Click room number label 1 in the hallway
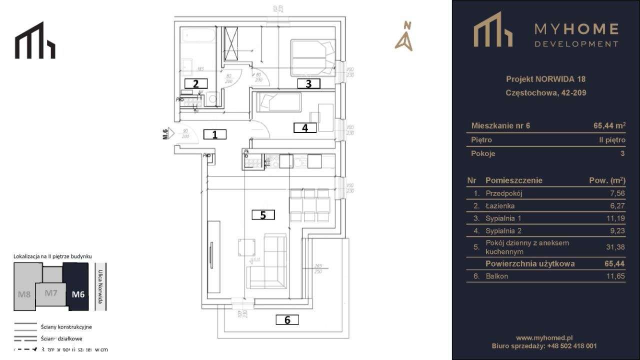(x=215, y=134)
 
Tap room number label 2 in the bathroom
(x=196, y=83)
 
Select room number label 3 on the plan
(x=308, y=83)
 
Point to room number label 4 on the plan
(x=305, y=127)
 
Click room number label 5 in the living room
(x=263, y=215)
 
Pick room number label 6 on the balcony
(x=287, y=319)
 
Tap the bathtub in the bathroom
(x=198, y=36)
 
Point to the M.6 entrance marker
(x=167, y=133)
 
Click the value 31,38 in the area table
(x=615, y=246)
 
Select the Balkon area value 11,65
(x=615, y=276)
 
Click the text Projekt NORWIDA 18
(x=545, y=79)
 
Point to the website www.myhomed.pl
(x=544, y=338)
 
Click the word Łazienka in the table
(x=499, y=205)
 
